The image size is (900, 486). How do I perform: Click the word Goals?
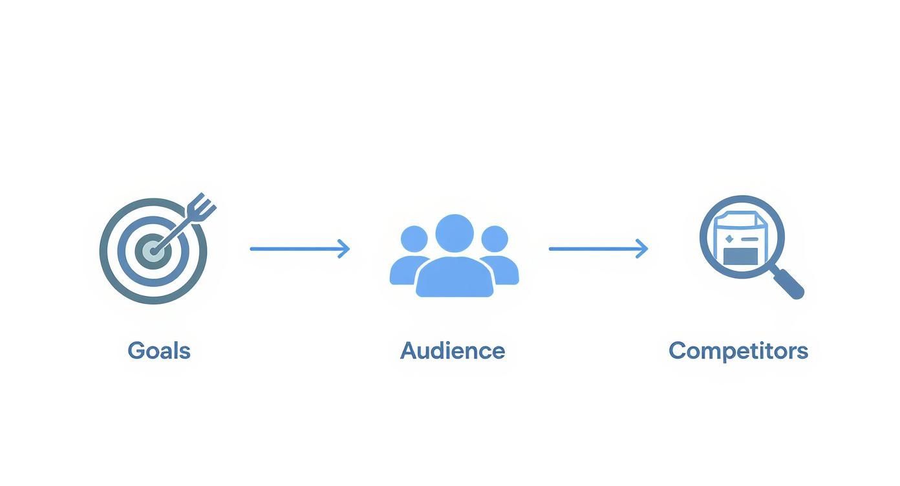click(159, 351)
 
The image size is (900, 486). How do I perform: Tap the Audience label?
click(453, 351)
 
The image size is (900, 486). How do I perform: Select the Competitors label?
click(738, 351)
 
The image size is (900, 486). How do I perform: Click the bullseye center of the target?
click(153, 251)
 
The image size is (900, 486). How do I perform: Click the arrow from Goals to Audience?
click(299, 249)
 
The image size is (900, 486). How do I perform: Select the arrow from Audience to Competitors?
click(597, 249)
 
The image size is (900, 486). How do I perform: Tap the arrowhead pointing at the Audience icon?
click(345, 249)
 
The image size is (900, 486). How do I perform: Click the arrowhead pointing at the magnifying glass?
click(643, 249)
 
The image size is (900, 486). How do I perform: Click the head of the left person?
click(414, 238)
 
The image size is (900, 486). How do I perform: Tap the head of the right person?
click(495, 238)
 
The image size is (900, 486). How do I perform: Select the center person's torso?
click(455, 278)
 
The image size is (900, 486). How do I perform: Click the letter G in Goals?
click(136, 351)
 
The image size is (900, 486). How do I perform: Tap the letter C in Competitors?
click(678, 351)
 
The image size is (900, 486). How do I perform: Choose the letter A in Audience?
click(409, 351)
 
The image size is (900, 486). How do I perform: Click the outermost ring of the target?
click(105, 251)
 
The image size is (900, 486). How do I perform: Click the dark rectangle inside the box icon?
click(740, 256)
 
